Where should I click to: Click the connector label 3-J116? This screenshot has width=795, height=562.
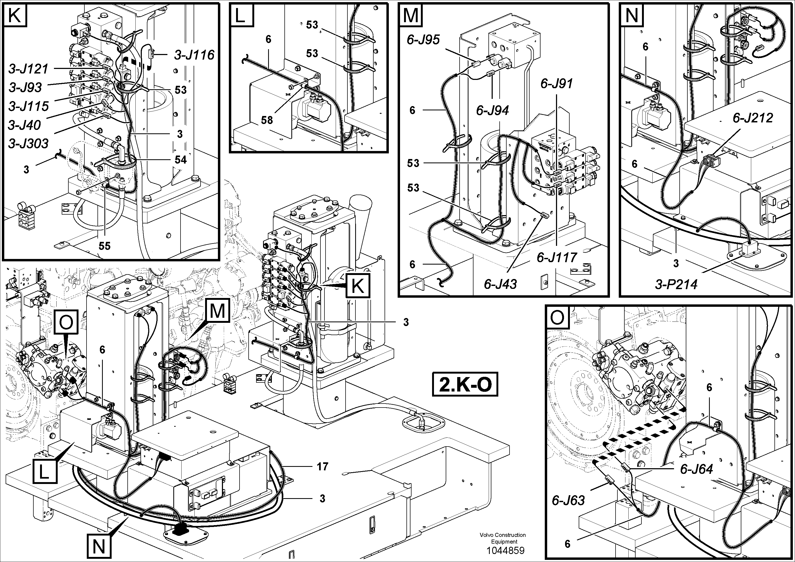point(194,55)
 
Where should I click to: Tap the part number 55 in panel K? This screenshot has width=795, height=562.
point(105,246)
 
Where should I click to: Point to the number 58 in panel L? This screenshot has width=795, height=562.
point(267,120)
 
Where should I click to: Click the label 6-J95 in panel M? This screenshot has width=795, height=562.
point(423,40)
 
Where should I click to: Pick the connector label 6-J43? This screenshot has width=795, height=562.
point(500,284)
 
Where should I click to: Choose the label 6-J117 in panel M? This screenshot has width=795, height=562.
point(557,257)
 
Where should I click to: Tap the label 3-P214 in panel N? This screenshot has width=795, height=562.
point(676,284)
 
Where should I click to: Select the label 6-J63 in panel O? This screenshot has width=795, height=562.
point(568,500)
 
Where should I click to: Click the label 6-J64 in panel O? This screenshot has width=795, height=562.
point(696,469)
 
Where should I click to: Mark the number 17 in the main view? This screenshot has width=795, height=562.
point(322,467)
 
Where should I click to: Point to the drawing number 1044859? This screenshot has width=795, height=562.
point(505,551)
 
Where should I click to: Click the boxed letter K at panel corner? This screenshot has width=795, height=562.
point(14,15)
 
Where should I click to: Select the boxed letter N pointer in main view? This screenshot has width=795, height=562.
point(99,547)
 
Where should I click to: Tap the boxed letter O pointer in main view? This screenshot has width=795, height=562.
point(66,322)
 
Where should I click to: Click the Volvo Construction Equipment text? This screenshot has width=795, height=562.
point(503,538)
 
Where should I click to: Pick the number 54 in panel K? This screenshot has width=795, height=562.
point(181,160)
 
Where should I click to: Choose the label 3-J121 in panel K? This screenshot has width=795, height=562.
point(28,69)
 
